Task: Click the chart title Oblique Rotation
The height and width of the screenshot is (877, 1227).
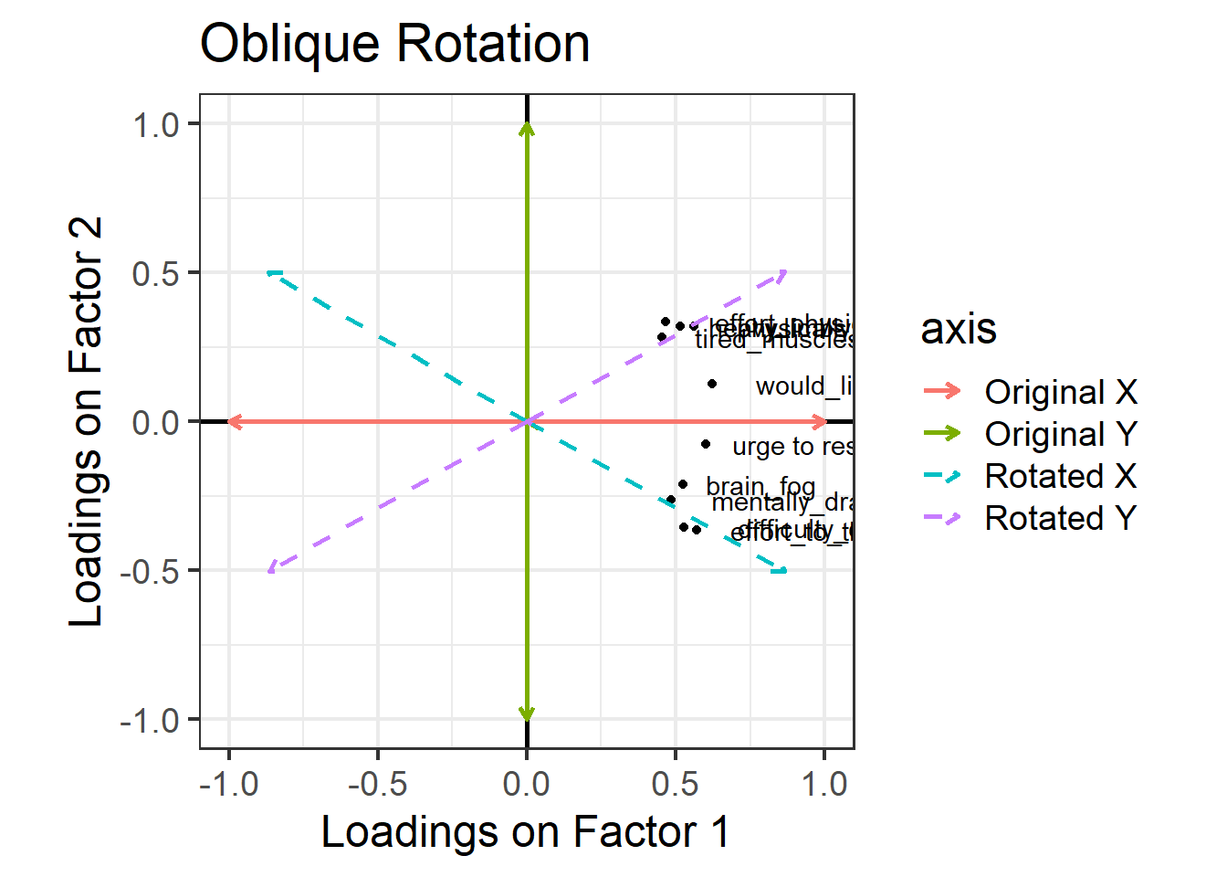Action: click(394, 44)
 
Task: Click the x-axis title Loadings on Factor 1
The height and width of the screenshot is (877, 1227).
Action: click(525, 832)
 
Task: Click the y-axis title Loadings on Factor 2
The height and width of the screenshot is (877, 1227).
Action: click(86, 422)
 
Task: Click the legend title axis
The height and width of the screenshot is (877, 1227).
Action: click(958, 329)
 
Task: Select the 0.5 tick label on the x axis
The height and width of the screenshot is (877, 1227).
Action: click(676, 784)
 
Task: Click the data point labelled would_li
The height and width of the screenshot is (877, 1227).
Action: click(712, 385)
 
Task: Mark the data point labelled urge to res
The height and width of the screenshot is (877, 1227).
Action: click(706, 445)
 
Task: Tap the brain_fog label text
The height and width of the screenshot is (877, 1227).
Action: click(760, 486)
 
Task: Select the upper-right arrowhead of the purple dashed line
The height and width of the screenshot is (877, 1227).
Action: click(782, 273)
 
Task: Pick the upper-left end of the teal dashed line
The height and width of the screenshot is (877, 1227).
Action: click(271, 273)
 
